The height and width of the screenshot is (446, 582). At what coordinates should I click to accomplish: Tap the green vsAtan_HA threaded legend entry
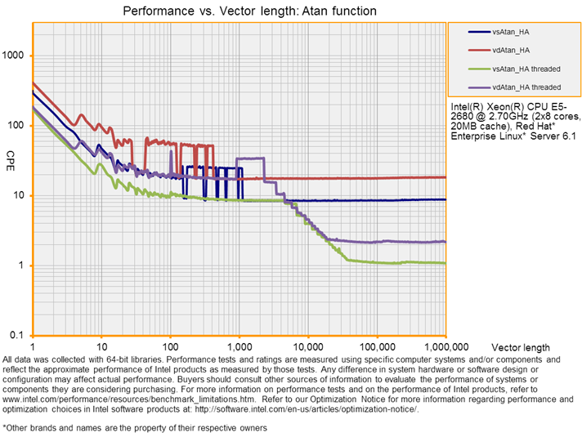[x=526, y=69]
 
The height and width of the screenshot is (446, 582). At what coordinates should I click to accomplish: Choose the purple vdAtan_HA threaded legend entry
[x=526, y=87]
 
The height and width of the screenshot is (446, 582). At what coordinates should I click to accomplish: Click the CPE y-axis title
[x=11, y=155]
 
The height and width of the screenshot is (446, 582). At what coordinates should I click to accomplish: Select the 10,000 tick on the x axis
[x=307, y=346]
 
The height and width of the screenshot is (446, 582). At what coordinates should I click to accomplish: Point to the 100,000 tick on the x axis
[x=377, y=346]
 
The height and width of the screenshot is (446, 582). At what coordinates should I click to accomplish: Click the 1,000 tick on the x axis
[x=239, y=346]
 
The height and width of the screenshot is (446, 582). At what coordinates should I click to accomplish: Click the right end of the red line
[x=445, y=177]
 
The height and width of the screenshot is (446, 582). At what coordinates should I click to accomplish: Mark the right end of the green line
[x=445, y=263]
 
